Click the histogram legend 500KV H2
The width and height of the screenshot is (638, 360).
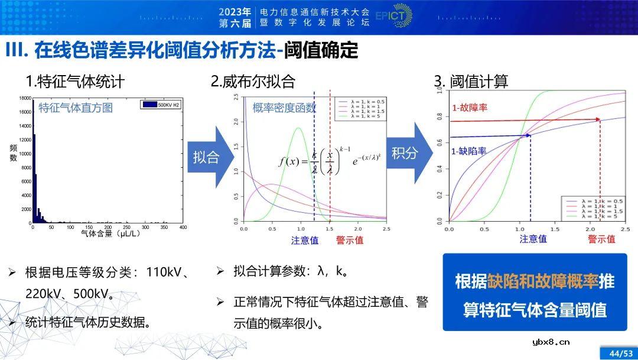tap(161, 105)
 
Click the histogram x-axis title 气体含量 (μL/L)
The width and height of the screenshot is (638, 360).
tap(107, 234)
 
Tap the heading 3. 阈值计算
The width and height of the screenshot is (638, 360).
tap(471, 81)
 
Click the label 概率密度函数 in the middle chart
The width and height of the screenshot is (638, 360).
tap(284, 108)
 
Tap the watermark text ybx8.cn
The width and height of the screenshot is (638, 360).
tap(549, 341)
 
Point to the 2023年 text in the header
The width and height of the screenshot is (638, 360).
tap(235, 11)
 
